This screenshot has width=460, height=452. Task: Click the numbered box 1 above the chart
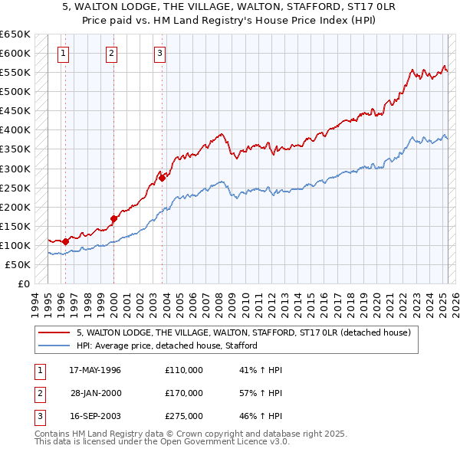pyautogui.click(x=62, y=54)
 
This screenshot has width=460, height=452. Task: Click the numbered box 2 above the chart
pyautogui.click(x=111, y=54)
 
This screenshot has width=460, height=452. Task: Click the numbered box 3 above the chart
pyautogui.click(x=159, y=54)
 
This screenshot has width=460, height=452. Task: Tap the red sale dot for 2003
pyautogui.click(x=163, y=179)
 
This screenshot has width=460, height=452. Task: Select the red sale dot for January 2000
pyautogui.click(x=113, y=218)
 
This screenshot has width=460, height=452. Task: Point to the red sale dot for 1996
pyautogui.click(x=65, y=241)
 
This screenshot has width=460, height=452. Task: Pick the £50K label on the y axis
pyautogui.click(x=18, y=264)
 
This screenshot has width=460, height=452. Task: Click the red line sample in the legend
pyautogui.click(x=54, y=333)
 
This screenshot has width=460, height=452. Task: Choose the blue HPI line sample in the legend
pyautogui.click(x=54, y=346)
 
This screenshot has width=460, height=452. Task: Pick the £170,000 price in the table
pyautogui.click(x=184, y=393)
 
